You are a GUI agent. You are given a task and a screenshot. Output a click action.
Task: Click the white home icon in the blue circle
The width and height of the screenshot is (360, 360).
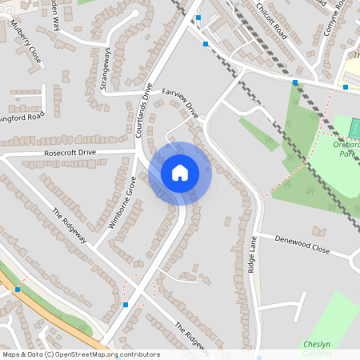pyautogui.click(x=180, y=172)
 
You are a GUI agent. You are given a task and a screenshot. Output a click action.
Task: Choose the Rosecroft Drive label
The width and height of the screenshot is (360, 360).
pyautogui.click(x=70, y=152)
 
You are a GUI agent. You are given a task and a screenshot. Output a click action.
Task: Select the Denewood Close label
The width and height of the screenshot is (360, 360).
pyautogui.click(x=302, y=245)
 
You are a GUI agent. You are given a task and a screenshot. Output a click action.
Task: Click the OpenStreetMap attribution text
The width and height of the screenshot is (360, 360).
pyautogui.click(x=81, y=354)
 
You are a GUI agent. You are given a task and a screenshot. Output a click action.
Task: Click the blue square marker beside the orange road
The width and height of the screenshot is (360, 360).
pyautogui.click(x=18, y=289)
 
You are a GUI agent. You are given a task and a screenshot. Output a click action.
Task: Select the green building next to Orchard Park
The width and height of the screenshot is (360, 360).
pyautogui.click(x=355, y=127)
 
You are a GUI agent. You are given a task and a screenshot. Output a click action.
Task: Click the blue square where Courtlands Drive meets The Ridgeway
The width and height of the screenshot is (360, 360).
pyautogui.click(x=126, y=305)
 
